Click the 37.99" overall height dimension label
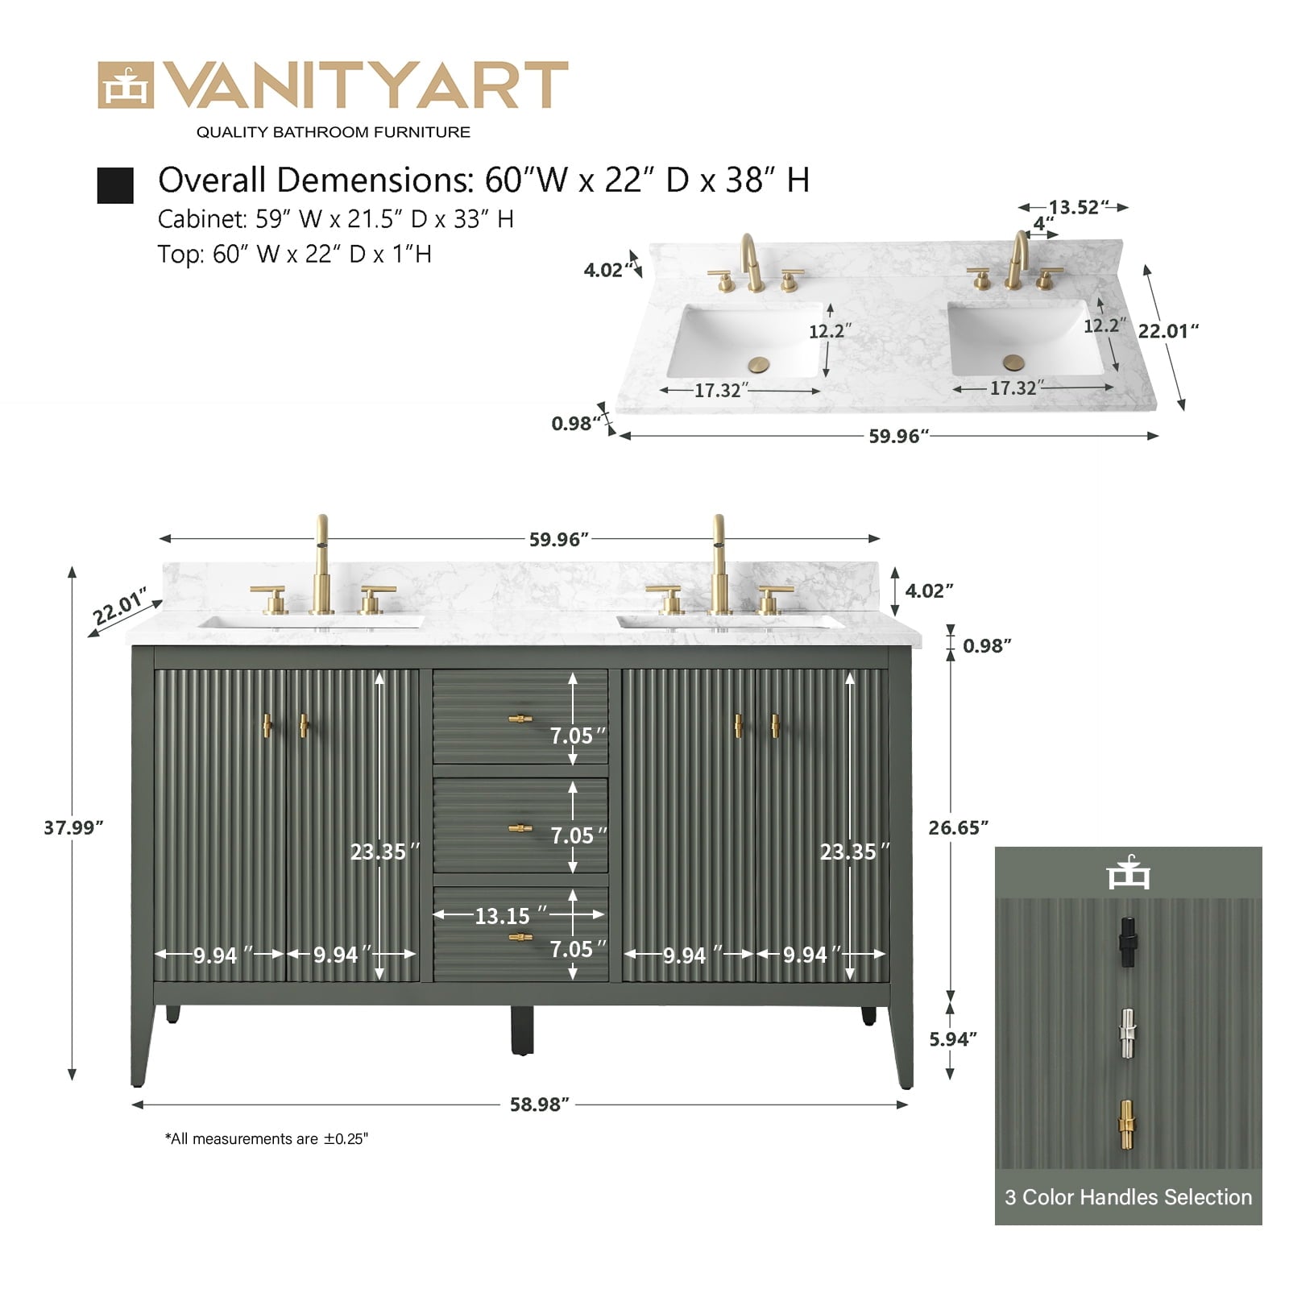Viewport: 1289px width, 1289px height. pos(73,827)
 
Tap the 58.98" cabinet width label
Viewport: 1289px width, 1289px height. pos(539,1105)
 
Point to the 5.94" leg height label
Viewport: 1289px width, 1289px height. pos(953,1039)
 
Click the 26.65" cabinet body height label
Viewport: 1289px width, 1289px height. pos(958,827)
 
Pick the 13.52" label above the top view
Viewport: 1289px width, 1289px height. pos(1079,207)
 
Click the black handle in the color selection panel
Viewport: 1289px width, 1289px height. pos(1127,942)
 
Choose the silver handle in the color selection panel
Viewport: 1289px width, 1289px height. pos(1127,1034)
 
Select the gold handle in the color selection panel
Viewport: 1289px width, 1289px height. pos(1127,1125)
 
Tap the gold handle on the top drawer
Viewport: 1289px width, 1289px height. pos(520,719)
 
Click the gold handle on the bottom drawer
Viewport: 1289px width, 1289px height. pos(520,936)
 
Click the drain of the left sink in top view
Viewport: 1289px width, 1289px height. pos(759,365)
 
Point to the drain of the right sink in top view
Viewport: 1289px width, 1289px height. pos(1013,362)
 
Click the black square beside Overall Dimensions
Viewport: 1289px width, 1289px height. pos(115,185)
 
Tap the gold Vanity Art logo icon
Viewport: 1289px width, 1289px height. pos(125,85)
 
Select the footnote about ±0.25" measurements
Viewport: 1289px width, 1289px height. pos(266,1138)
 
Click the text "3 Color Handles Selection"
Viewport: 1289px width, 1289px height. pos(1128,1197)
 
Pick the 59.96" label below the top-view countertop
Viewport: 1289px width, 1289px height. pos(898,436)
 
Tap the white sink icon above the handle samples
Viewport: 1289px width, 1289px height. pos(1128,872)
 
